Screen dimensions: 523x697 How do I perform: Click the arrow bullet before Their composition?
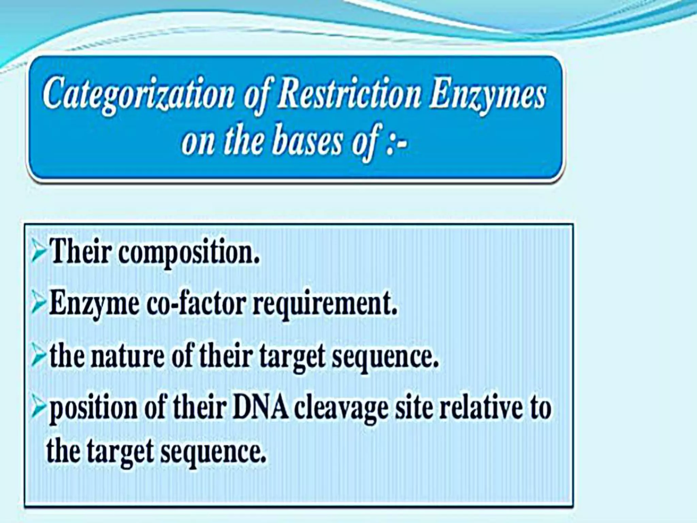click(x=38, y=254)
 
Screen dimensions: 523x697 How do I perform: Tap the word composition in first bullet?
click(x=189, y=254)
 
